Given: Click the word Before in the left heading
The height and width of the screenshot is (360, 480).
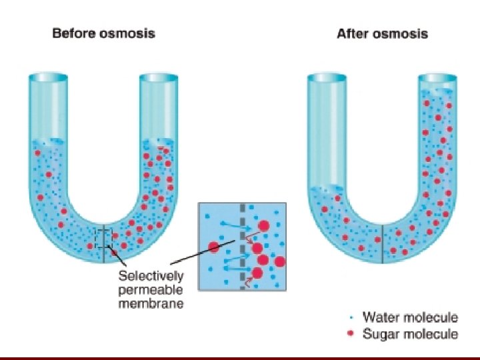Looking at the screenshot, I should coord(75,33).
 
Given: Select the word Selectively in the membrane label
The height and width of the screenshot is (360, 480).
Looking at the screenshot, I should coord(151,275).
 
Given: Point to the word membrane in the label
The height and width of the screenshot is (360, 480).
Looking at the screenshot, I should coord(151,304).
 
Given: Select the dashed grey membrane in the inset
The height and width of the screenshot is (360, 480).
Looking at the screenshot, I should coord(243,247).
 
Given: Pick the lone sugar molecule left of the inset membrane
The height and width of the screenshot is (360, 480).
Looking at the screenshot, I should coord(214,247).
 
